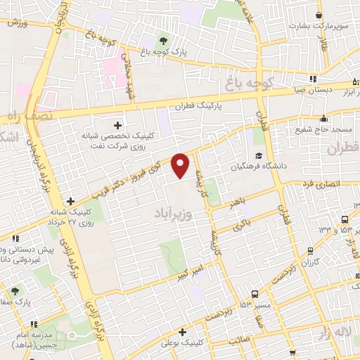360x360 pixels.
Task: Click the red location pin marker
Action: [181, 165]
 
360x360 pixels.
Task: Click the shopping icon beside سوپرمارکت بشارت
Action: [319, 15]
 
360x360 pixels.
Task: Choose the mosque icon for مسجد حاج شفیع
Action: [323, 118]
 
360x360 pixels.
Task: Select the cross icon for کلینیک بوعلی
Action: [182, 332]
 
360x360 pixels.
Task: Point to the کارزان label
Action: [310, 262]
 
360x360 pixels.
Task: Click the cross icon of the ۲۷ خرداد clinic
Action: [70, 200]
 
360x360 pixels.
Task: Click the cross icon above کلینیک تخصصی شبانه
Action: [126, 124]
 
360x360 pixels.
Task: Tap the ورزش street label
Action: [16, 22]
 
